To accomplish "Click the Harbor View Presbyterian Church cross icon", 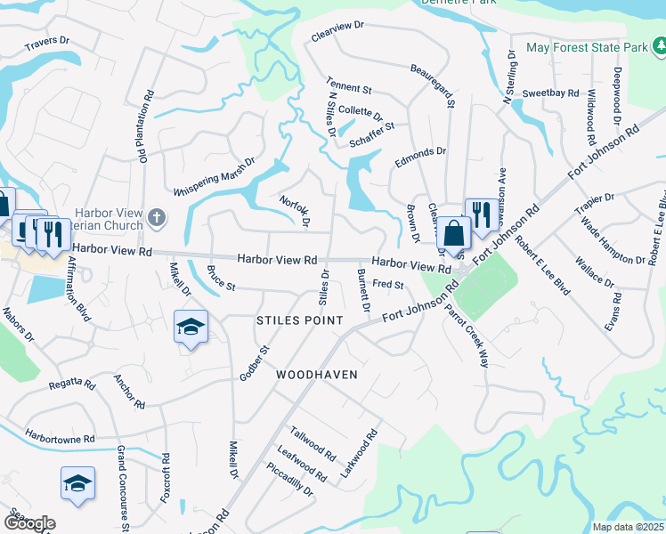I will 157,216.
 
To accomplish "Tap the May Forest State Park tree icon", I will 658,45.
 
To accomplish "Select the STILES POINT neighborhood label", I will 299,320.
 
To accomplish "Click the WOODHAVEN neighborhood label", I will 316,375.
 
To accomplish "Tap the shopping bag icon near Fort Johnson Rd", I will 453,234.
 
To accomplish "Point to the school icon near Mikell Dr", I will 191,328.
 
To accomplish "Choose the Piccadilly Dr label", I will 290,481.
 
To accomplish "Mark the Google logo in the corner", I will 28,522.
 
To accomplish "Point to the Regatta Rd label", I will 72,384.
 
